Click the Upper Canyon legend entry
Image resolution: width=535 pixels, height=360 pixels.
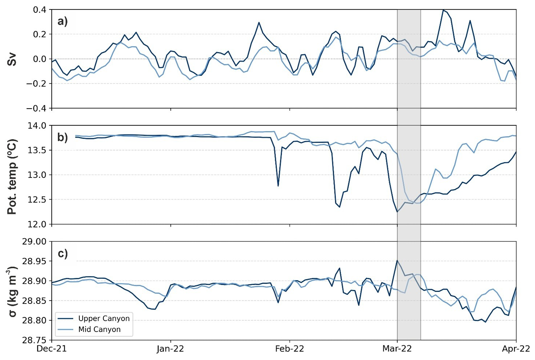click(x=104, y=318)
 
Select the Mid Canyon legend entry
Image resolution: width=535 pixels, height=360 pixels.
click(x=99, y=329)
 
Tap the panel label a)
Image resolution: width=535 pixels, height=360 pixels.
click(x=63, y=21)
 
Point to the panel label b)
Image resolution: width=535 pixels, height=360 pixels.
click(x=63, y=137)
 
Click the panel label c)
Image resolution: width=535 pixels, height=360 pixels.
click(x=63, y=253)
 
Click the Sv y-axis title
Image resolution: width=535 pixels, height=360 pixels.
click(x=12, y=59)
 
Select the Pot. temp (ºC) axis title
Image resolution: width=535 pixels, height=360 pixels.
click(x=12, y=175)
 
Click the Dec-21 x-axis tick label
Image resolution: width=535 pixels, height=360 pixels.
click(x=52, y=349)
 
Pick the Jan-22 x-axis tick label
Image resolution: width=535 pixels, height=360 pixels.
click(x=171, y=349)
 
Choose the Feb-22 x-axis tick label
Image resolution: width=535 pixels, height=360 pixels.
click(x=290, y=349)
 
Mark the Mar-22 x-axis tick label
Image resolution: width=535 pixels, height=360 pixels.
click(x=397, y=349)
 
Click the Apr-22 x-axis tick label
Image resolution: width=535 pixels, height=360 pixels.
click(x=516, y=349)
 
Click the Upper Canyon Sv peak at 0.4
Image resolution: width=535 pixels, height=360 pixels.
click(x=443, y=10)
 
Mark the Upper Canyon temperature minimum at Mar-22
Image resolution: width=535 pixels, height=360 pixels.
click(x=397, y=212)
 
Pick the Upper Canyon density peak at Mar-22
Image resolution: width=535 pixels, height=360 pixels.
click(x=397, y=261)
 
